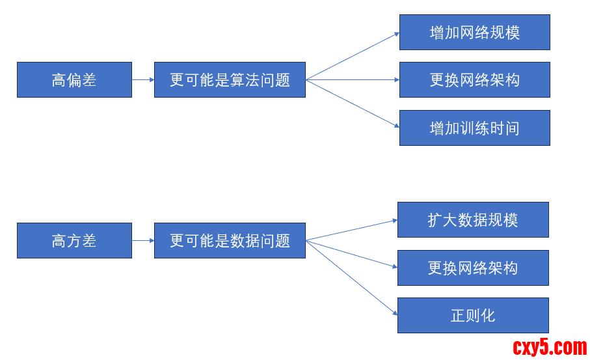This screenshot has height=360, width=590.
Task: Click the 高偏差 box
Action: [x=74, y=79]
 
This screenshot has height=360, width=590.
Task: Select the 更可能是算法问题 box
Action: [x=230, y=79]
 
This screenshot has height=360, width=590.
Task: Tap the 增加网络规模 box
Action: [x=474, y=32]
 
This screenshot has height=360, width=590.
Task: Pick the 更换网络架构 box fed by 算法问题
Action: [x=474, y=79]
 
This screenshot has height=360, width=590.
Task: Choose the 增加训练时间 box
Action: [x=474, y=128]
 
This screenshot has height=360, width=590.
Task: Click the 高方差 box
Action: [x=74, y=240]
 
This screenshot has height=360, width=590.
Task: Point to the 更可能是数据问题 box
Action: [x=230, y=240]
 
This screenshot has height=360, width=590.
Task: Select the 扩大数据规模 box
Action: [x=473, y=219]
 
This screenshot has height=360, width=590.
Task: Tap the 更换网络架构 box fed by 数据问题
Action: [x=473, y=268]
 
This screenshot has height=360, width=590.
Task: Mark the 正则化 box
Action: [x=473, y=315]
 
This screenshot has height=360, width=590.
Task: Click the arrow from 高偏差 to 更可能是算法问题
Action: [x=143, y=79]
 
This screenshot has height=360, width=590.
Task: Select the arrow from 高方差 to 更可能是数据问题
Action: [x=143, y=240]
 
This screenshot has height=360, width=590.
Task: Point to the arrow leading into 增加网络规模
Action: [x=353, y=56]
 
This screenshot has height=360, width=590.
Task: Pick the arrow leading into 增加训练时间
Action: [x=353, y=104]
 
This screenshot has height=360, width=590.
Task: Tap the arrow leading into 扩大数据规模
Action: [x=351, y=230]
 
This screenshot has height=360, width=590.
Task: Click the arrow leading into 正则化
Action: [x=351, y=277]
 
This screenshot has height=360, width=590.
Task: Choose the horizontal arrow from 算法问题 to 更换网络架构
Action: [x=353, y=79]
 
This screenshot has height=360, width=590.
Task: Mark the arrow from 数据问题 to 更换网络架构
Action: [x=351, y=254]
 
